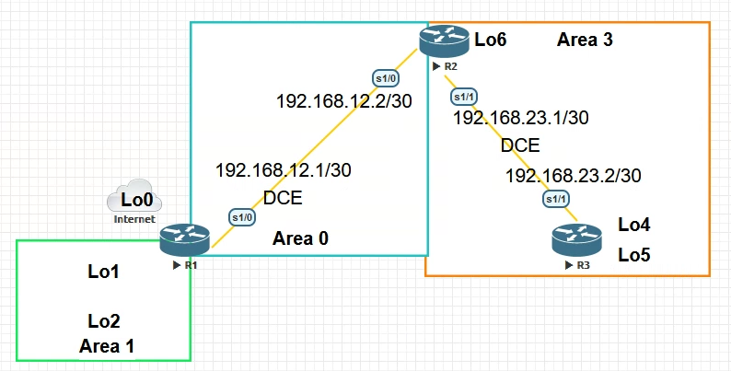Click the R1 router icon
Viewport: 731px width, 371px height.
point(184,239)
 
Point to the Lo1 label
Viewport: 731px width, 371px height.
point(104,272)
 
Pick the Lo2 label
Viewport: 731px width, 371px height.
point(104,321)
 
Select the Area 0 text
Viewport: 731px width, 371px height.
point(301,239)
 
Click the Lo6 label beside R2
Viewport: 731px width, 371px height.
point(490,40)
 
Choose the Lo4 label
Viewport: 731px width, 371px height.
point(634,224)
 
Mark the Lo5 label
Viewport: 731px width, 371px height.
point(634,254)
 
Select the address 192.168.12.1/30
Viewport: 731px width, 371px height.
point(283,169)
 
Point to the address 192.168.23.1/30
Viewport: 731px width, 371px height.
point(521,118)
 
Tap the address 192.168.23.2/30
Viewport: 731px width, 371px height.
point(573,176)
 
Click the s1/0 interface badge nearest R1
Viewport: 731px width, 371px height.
point(241,216)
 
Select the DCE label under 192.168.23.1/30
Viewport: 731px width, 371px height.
point(520,145)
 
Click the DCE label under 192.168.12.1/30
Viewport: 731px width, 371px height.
point(283,198)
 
